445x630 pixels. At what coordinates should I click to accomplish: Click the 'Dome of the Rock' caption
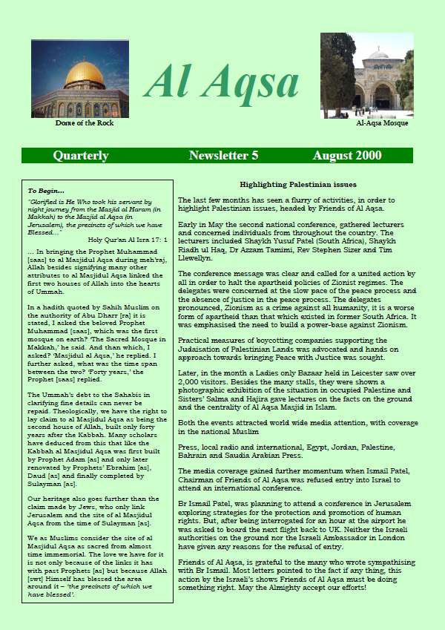click(x=85, y=123)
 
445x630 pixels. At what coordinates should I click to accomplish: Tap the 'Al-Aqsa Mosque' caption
click(x=382, y=123)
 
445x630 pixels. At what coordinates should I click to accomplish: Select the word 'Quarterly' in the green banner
click(x=80, y=156)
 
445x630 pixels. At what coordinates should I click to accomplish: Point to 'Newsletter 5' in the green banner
click(x=223, y=156)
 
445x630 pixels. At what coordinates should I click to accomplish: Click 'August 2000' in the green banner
click(x=347, y=156)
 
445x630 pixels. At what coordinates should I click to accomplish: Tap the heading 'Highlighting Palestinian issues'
click(x=298, y=184)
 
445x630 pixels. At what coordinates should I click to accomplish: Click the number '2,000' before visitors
click(x=191, y=378)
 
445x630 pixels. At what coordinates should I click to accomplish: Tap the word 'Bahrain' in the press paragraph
click(x=194, y=455)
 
